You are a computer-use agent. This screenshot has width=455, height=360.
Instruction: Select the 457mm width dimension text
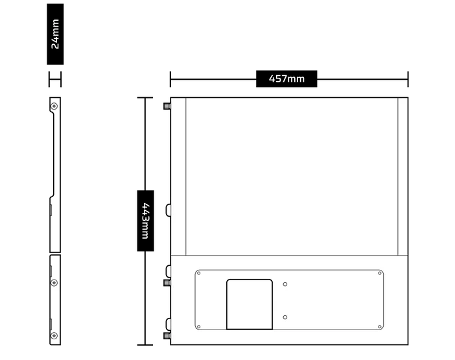[x=286, y=79]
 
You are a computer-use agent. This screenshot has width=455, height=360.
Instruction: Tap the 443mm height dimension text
[x=146, y=221]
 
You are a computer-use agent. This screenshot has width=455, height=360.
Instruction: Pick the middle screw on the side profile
[x=54, y=282]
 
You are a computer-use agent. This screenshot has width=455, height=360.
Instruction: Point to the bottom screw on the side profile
[x=54, y=336]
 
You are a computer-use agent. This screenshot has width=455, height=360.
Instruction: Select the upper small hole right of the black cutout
[x=285, y=283]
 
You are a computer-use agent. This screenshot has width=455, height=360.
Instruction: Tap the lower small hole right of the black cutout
[x=285, y=317]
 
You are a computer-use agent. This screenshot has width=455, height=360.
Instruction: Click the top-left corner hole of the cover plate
[x=199, y=274]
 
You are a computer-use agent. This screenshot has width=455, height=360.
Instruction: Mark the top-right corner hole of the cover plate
[x=379, y=274]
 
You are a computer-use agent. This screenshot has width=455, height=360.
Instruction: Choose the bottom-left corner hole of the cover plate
[x=199, y=327]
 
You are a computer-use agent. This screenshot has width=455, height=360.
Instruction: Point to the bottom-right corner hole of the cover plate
[x=379, y=327]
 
